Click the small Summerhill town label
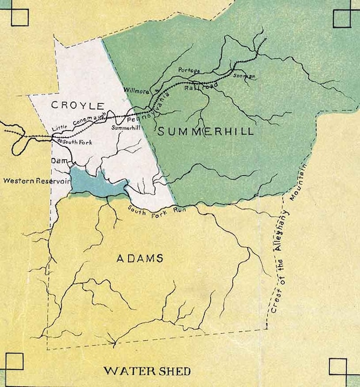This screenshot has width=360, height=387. click(124, 128)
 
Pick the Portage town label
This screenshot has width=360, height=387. click(189, 70)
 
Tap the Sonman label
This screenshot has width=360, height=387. click(244, 76)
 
